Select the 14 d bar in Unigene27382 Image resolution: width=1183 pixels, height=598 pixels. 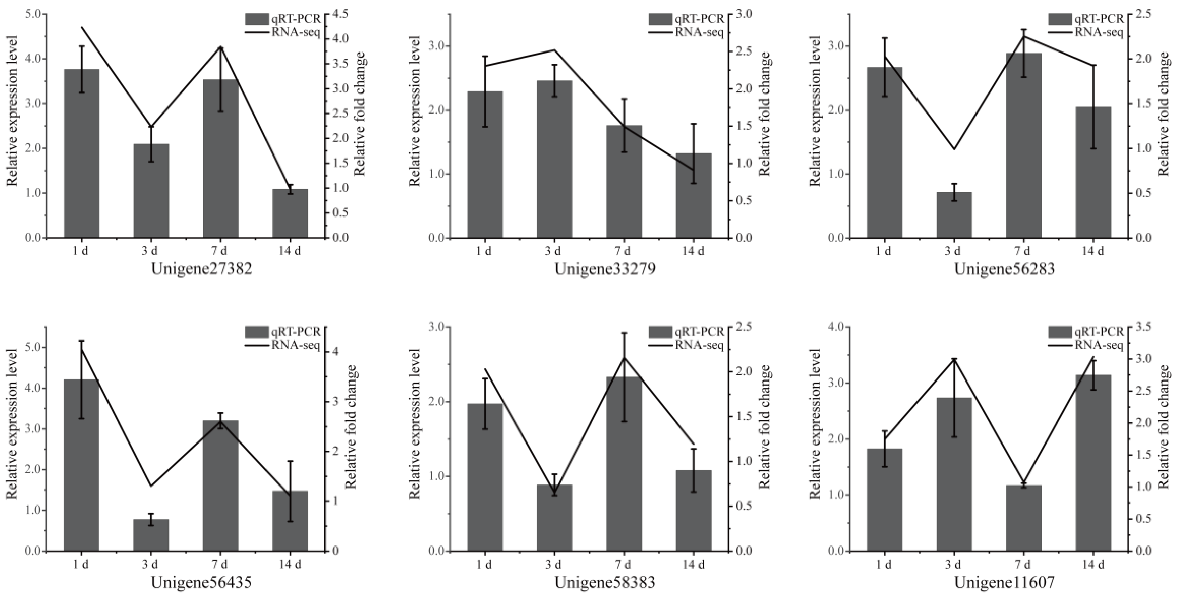coord(290,213)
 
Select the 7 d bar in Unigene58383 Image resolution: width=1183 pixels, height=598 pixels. coord(624,463)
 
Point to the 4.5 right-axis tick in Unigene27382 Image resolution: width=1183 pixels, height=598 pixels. coord(342,14)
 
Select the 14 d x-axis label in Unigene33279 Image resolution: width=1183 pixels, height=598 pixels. coord(693,251)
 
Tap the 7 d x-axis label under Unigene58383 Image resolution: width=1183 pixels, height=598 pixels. coord(624,564)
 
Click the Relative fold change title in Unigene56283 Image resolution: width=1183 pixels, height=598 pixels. coord(1164,114)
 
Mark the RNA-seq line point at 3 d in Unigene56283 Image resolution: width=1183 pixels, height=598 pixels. coord(954,149)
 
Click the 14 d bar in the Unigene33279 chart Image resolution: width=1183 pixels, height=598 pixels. coord(693,195)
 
